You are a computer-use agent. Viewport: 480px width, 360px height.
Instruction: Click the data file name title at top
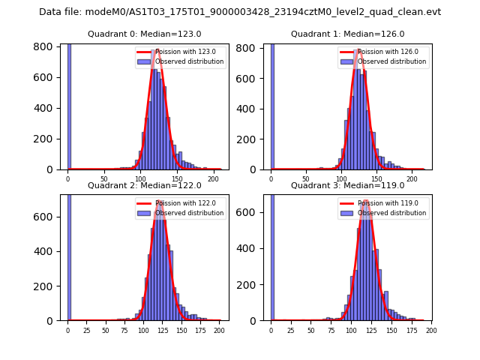pyautogui.click(x=240, y=12)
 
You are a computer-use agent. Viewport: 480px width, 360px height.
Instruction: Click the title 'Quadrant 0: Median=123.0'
pyautogui.click(x=144, y=34)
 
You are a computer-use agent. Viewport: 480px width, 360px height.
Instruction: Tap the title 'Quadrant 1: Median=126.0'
pyautogui.click(x=347, y=34)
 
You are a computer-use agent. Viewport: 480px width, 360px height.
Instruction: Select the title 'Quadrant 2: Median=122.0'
pyautogui.click(x=144, y=185)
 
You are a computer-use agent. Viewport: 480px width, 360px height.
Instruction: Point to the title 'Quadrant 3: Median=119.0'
pyautogui.click(x=347, y=185)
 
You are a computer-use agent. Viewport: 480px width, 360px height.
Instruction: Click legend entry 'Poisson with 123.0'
pyautogui.click(x=180, y=52)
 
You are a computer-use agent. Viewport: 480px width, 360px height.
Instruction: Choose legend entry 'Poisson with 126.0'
pyautogui.click(x=383, y=52)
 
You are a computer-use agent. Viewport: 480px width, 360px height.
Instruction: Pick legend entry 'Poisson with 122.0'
pyautogui.click(x=180, y=203)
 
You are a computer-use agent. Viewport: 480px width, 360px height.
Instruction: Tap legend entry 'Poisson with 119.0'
pyautogui.click(x=383, y=203)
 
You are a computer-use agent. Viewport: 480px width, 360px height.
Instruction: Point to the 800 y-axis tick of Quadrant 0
pyautogui.click(x=45, y=46)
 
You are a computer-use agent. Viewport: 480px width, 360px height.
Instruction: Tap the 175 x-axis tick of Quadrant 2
pyautogui.click(x=199, y=331)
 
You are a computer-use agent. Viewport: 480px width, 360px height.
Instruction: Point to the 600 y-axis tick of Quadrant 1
pyautogui.click(x=250, y=77)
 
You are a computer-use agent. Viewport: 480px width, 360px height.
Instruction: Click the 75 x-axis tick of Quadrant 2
pyautogui.click(x=124, y=331)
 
